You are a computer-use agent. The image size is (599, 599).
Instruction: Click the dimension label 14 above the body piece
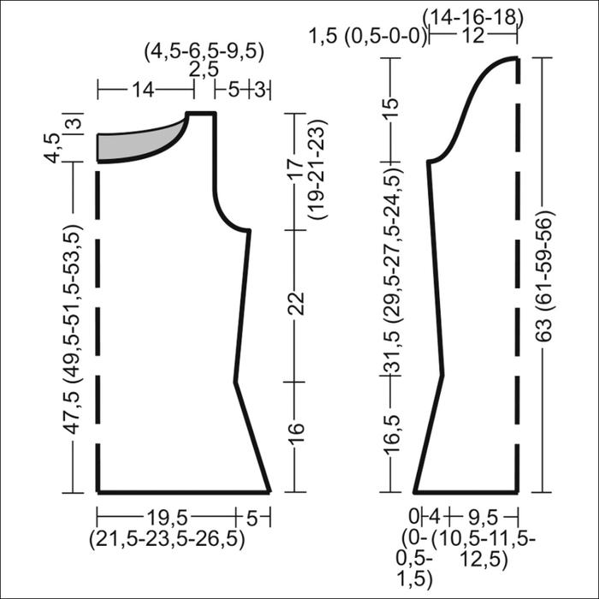click(143, 90)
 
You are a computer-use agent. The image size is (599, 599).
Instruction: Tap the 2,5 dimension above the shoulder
click(204, 70)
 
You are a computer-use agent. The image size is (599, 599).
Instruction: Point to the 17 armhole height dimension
click(297, 168)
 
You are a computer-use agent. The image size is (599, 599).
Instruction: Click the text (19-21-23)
click(317, 169)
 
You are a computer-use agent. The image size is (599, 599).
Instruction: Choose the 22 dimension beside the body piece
click(297, 304)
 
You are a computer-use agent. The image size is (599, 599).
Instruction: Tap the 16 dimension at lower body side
click(297, 434)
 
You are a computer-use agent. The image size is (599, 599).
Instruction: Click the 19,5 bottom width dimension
click(168, 519)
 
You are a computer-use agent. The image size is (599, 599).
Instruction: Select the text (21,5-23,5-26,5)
click(167, 538)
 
